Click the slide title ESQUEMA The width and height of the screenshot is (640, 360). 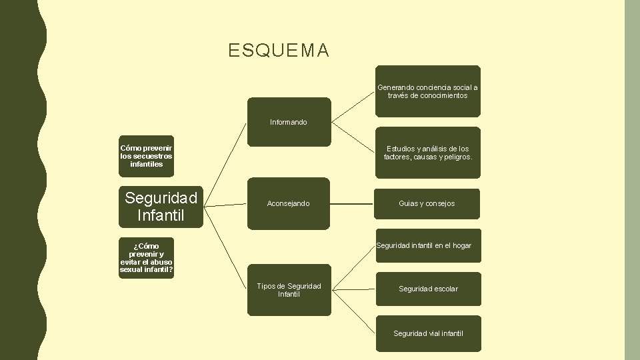[x=278, y=51]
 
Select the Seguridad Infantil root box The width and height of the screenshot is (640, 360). [x=161, y=207]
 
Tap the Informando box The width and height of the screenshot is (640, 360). [x=289, y=122]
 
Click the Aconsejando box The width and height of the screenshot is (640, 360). [x=289, y=203]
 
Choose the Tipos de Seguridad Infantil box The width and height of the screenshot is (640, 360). [x=289, y=290]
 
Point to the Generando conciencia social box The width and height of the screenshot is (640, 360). [x=427, y=91]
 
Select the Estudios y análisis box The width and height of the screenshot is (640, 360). [x=427, y=153]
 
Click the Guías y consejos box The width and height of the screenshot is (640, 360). [x=427, y=203]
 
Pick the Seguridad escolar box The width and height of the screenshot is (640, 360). [x=427, y=289]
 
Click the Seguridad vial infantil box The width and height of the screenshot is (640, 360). [x=427, y=333]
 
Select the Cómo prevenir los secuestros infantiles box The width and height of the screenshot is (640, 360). [x=146, y=156]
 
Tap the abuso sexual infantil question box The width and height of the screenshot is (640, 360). [x=146, y=258]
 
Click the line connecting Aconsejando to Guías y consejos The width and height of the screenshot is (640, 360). [x=353, y=203]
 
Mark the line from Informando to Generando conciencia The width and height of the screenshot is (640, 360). [x=353, y=106]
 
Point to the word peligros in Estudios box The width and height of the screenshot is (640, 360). [x=455, y=157]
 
